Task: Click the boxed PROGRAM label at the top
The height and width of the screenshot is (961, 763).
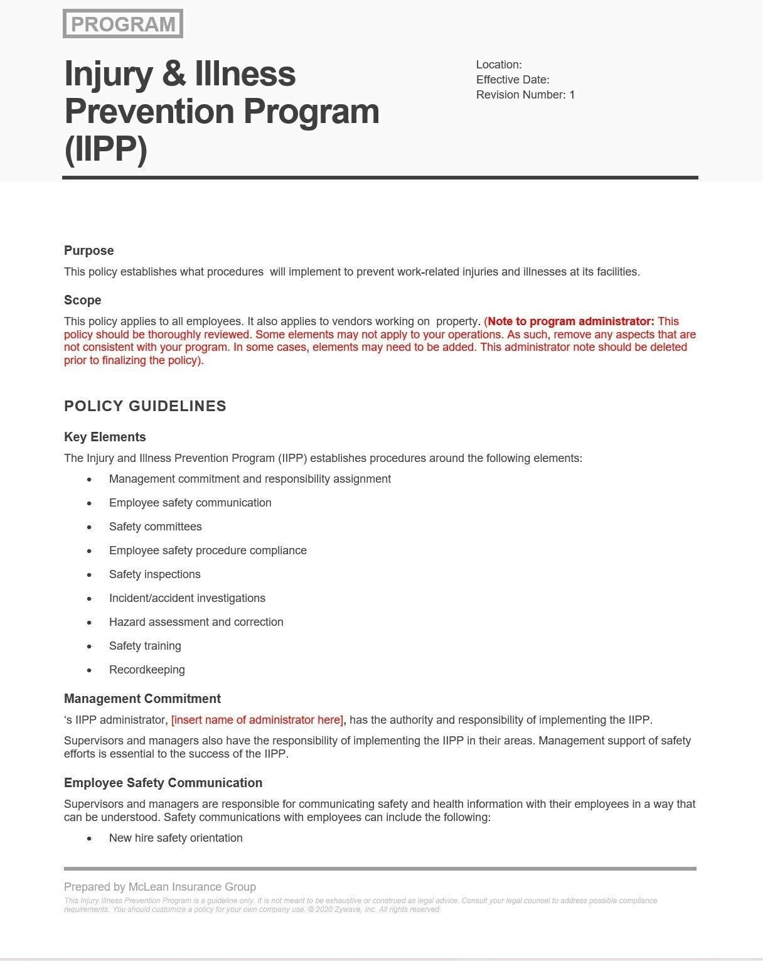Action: [x=123, y=24]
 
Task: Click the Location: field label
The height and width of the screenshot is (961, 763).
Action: [x=499, y=65]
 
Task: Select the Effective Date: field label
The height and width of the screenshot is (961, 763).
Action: [x=513, y=80]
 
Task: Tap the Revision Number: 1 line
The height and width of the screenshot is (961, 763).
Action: [x=525, y=95]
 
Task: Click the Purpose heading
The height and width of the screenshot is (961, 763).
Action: [x=89, y=250]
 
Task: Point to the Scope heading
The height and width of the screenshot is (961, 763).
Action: [x=83, y=300]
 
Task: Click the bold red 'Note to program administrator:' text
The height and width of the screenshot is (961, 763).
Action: [x=570, y=321]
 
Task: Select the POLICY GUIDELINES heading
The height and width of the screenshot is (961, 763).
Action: [x=145, y=406]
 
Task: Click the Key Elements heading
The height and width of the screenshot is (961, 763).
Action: [x=105, y=437]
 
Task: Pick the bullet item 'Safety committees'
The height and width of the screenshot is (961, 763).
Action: [x=155, y=527]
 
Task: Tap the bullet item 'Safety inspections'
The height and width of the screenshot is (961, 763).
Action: [x=154, y=574]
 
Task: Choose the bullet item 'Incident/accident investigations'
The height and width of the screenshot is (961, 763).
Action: [x=187, y=598]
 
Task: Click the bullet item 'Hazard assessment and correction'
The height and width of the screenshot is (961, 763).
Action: [x=196, y=622]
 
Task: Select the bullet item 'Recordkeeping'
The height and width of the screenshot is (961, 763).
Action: [x=147, y=670]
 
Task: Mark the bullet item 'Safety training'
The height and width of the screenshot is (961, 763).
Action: [x=145, y=646]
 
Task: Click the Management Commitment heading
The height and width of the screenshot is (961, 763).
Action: [x=142, y=699]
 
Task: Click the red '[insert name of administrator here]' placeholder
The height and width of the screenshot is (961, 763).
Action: [x=257, y=720]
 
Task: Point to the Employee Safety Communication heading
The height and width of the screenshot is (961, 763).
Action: [x=163, y=783]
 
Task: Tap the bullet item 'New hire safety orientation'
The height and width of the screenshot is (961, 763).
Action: [x=176, y=838]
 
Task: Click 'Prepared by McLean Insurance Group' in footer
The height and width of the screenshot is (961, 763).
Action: [x=160, y=887]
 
